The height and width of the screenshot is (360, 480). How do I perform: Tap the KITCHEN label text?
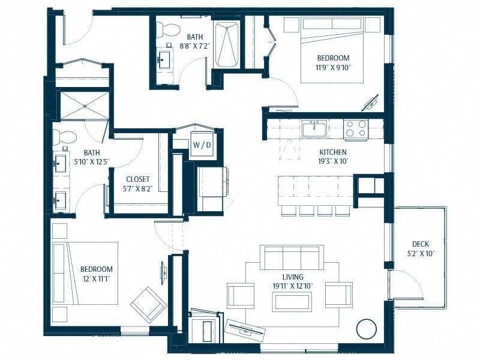point(332,152)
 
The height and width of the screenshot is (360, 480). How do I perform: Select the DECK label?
point(420,244)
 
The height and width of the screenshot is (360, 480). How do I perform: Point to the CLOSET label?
point(137,179)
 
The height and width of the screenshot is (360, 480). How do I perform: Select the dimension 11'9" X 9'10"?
point(333,67)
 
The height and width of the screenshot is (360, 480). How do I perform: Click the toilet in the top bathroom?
point(167,29)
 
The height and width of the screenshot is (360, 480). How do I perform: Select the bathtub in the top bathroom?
point(227,45)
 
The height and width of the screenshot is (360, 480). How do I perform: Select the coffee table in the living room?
point(291,301)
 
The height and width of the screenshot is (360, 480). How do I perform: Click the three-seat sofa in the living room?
point(291,257)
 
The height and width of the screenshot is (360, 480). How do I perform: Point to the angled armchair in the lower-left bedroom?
point(148,305)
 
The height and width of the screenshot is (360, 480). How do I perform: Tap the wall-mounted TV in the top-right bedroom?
point(370,102)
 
